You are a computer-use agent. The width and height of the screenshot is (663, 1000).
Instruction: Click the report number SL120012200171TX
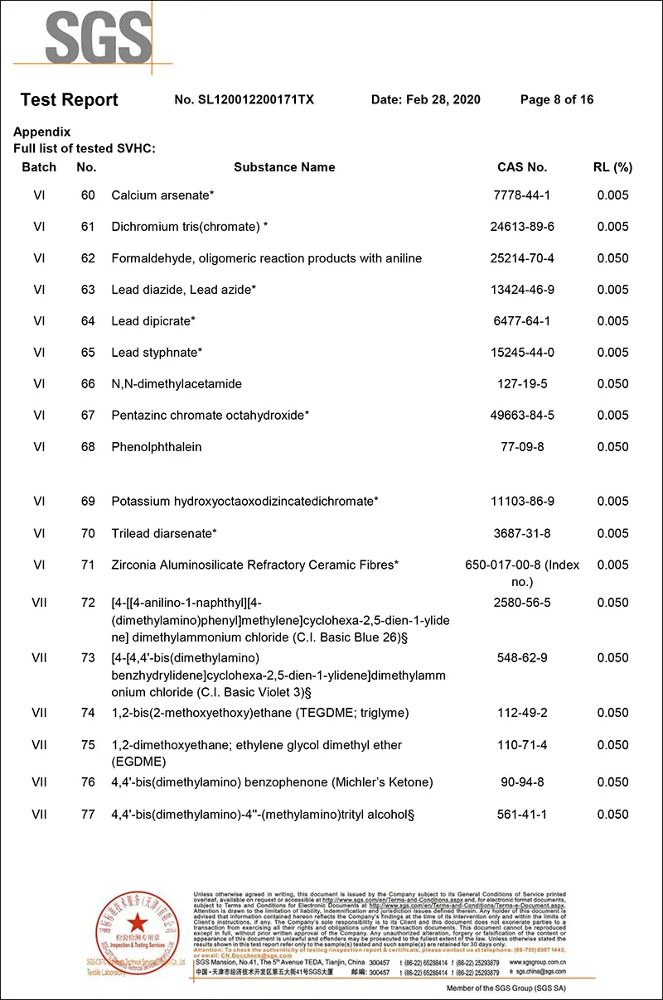click(244, 100)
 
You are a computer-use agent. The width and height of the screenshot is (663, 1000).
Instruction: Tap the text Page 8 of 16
click(556, 100)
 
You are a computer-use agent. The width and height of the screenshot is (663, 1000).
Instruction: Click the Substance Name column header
click(284, 167)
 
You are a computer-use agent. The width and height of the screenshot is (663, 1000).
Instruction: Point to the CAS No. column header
click(522, 167)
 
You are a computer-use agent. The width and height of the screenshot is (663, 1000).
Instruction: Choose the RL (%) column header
click(612, 167)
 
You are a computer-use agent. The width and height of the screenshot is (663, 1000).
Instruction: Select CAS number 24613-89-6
click(522, 227)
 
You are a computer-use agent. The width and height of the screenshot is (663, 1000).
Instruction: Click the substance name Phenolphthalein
click(157, 447)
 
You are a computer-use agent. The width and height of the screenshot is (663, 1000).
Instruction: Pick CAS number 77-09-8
click(522, 447)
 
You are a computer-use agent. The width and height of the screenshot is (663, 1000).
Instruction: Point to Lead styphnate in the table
click(157, 353)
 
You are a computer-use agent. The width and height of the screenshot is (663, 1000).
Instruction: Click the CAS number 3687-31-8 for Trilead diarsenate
click(522, 534)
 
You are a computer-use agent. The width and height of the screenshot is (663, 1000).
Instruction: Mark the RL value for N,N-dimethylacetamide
click(612, 384)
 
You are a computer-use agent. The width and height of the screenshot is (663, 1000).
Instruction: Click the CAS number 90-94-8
click(522, 782)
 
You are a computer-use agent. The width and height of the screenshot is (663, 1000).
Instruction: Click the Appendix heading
click(42, 132)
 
